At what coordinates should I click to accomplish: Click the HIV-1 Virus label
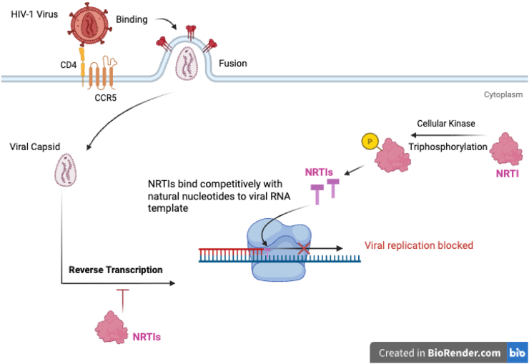(x=34, y=14)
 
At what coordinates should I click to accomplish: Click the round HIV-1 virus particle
(x=89, y=24)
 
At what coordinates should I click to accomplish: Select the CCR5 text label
(x=106, y=98)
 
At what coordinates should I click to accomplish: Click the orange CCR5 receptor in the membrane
(x=102, y=72)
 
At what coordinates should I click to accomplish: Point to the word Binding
(x=132, y=19)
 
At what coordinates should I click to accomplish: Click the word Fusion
(x=233, y=64)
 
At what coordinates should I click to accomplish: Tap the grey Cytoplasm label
(x=503, y=95)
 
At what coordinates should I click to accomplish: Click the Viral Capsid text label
(x=35, y=147)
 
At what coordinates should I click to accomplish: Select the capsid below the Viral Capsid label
(x=66, y=170)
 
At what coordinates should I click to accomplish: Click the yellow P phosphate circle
(x=370, y=142)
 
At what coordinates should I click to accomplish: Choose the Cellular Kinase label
(x=445, y=124)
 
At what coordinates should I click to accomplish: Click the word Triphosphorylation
(x=448, y=147)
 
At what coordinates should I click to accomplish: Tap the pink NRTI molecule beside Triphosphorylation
(x=506, y=149)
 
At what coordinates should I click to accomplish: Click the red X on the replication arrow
(x=304, y=249)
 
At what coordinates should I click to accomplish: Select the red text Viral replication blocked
(x=419, y=245)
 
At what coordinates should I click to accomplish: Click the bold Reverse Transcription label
(x=116, y=270)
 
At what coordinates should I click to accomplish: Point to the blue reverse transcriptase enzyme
(x=279, y=250)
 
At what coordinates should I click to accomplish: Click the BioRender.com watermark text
(x=464, y=353)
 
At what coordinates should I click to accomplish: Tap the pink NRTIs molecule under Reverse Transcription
(x=112, y=328)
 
